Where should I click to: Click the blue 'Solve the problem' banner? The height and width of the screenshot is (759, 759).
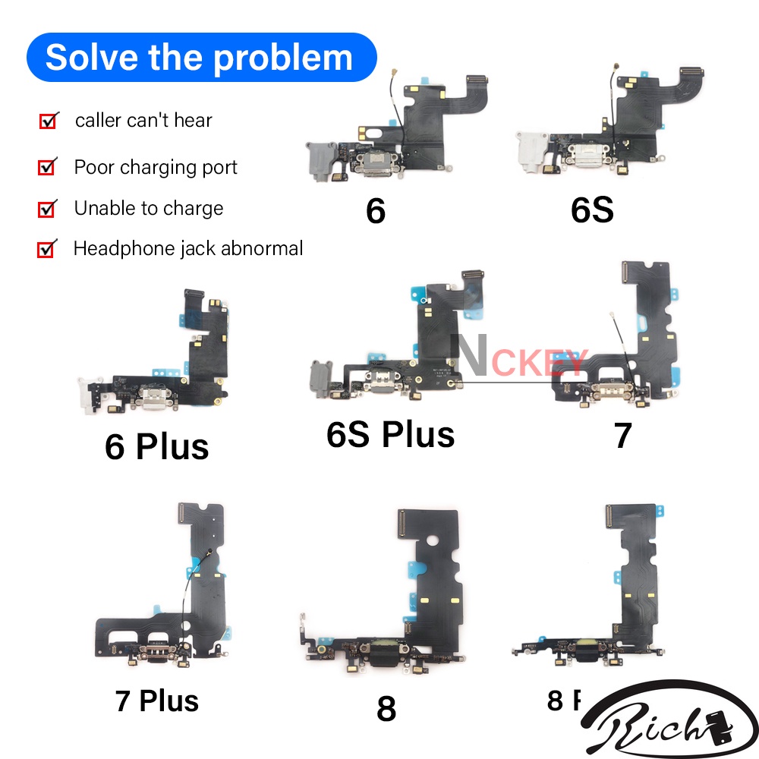click(200, 58)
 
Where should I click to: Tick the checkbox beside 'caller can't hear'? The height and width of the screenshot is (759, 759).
click(48, 121)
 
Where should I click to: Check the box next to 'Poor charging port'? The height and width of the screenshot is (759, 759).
click(47, 167)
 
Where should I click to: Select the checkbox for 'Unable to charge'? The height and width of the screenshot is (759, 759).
click(47, 208)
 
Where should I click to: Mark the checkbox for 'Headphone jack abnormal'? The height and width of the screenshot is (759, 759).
click(47, 248)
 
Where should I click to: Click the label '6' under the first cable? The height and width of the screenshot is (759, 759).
click(375, 211)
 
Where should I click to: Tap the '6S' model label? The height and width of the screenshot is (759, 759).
click(592, 211)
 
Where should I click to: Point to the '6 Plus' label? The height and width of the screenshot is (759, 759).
click(156, 446)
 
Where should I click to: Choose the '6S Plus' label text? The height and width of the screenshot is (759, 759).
click(390, 434)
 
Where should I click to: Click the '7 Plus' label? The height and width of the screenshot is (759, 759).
click(157, 700)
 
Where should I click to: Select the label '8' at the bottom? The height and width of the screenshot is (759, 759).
click(386, 709)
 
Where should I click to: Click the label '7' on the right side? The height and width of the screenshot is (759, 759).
click(622, 436)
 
